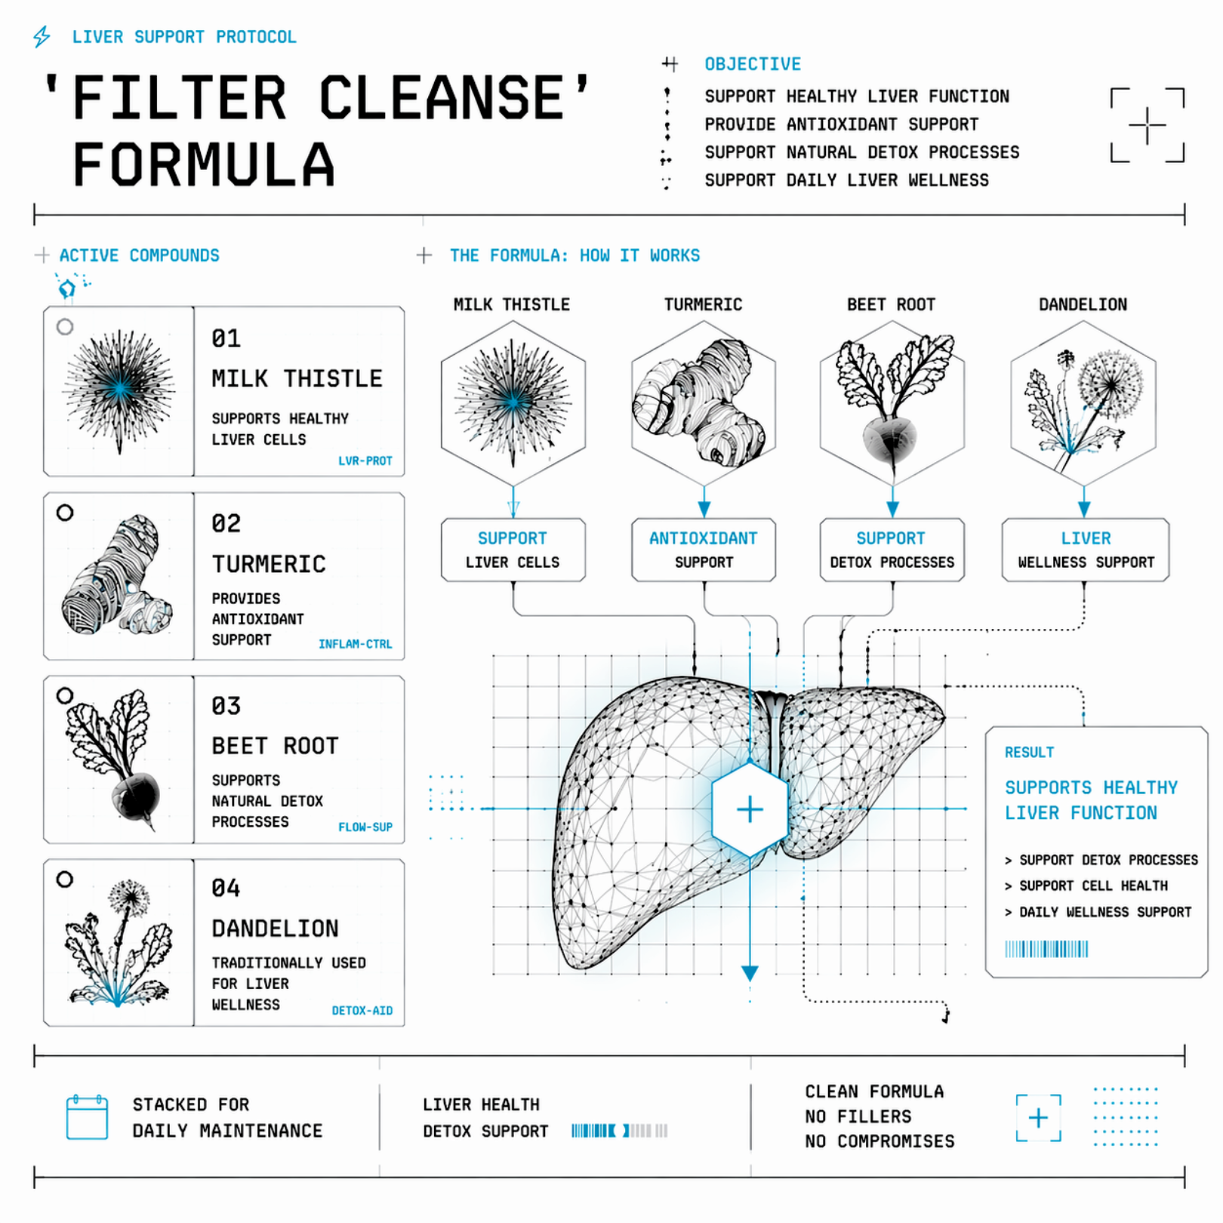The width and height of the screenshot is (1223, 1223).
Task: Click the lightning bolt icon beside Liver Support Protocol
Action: coord(42,36)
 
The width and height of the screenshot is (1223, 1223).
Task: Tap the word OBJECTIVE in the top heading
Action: coord(753,64)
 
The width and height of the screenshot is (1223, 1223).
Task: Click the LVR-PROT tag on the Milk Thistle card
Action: coord(365,461)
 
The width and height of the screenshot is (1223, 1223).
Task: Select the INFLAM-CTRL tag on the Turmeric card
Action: coord(356,644)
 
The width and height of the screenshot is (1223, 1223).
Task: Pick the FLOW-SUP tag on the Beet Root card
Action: coord(365,827)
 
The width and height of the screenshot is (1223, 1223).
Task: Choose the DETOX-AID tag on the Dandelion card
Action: coord(362,1011)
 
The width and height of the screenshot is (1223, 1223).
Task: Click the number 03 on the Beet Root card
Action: coord(226,706)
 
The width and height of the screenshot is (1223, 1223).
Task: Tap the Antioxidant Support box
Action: coord(704,550)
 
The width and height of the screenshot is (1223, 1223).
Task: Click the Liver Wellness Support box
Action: coord(1086,550)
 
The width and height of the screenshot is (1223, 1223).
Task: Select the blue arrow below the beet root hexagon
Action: coord(892,501)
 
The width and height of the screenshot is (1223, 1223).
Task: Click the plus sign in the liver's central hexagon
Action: coord(750,809)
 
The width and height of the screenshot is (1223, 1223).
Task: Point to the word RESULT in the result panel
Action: coord(1029,752)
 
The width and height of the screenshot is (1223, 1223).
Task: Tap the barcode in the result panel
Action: coord(1046,949)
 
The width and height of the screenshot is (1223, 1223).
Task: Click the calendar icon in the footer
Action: coord(87,1117)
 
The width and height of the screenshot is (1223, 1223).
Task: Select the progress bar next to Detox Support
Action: coord(619,1130)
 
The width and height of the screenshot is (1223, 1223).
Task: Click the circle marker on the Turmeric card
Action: coord(65,513)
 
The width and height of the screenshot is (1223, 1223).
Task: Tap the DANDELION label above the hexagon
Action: coord(1083,304)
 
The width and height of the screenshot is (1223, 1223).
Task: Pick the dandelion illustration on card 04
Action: coord(119,943)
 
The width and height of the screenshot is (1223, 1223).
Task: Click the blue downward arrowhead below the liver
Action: coord(750,973)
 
